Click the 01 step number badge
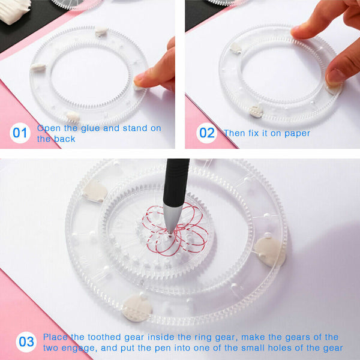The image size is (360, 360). tap(20, 133)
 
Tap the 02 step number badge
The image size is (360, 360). tap(207, 133)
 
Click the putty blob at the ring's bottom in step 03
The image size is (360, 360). tap(136, 307)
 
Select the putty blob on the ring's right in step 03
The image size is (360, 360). tap(269, 250)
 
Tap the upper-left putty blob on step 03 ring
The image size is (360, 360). tap(95, 191)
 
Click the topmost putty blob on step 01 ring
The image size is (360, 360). tap(101, 31)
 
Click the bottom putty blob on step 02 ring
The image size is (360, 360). tap(257, 110)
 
